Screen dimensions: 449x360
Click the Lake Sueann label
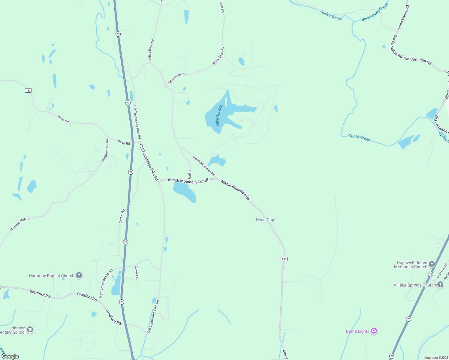tap(219, 115)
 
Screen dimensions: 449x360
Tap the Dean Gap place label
tap(265, 220)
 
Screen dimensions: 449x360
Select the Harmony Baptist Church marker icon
tap(79, 275)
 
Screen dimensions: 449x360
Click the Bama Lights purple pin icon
tap(374, 331)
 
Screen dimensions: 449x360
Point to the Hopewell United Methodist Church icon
tap(432, 264)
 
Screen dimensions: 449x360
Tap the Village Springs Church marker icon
tap(440, 285)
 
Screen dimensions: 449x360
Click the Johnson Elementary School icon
tap(30, 330)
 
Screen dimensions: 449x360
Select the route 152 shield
tap(28, 90)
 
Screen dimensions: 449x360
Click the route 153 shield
tap(284, 259)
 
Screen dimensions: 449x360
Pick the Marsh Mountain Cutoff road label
tap(188, 181)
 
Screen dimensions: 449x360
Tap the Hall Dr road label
tap(190, 174)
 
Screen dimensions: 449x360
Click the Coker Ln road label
tap(137, 272)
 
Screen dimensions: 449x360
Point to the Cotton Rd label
tap(122, 216)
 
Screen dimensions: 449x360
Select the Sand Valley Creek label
tap(375, 12)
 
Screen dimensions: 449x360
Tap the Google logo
tap(10, 356)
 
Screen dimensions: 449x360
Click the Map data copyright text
tap(436, 358)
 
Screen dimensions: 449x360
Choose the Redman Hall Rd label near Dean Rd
tap(105, 151)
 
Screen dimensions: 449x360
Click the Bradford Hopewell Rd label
tap(106, 283)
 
